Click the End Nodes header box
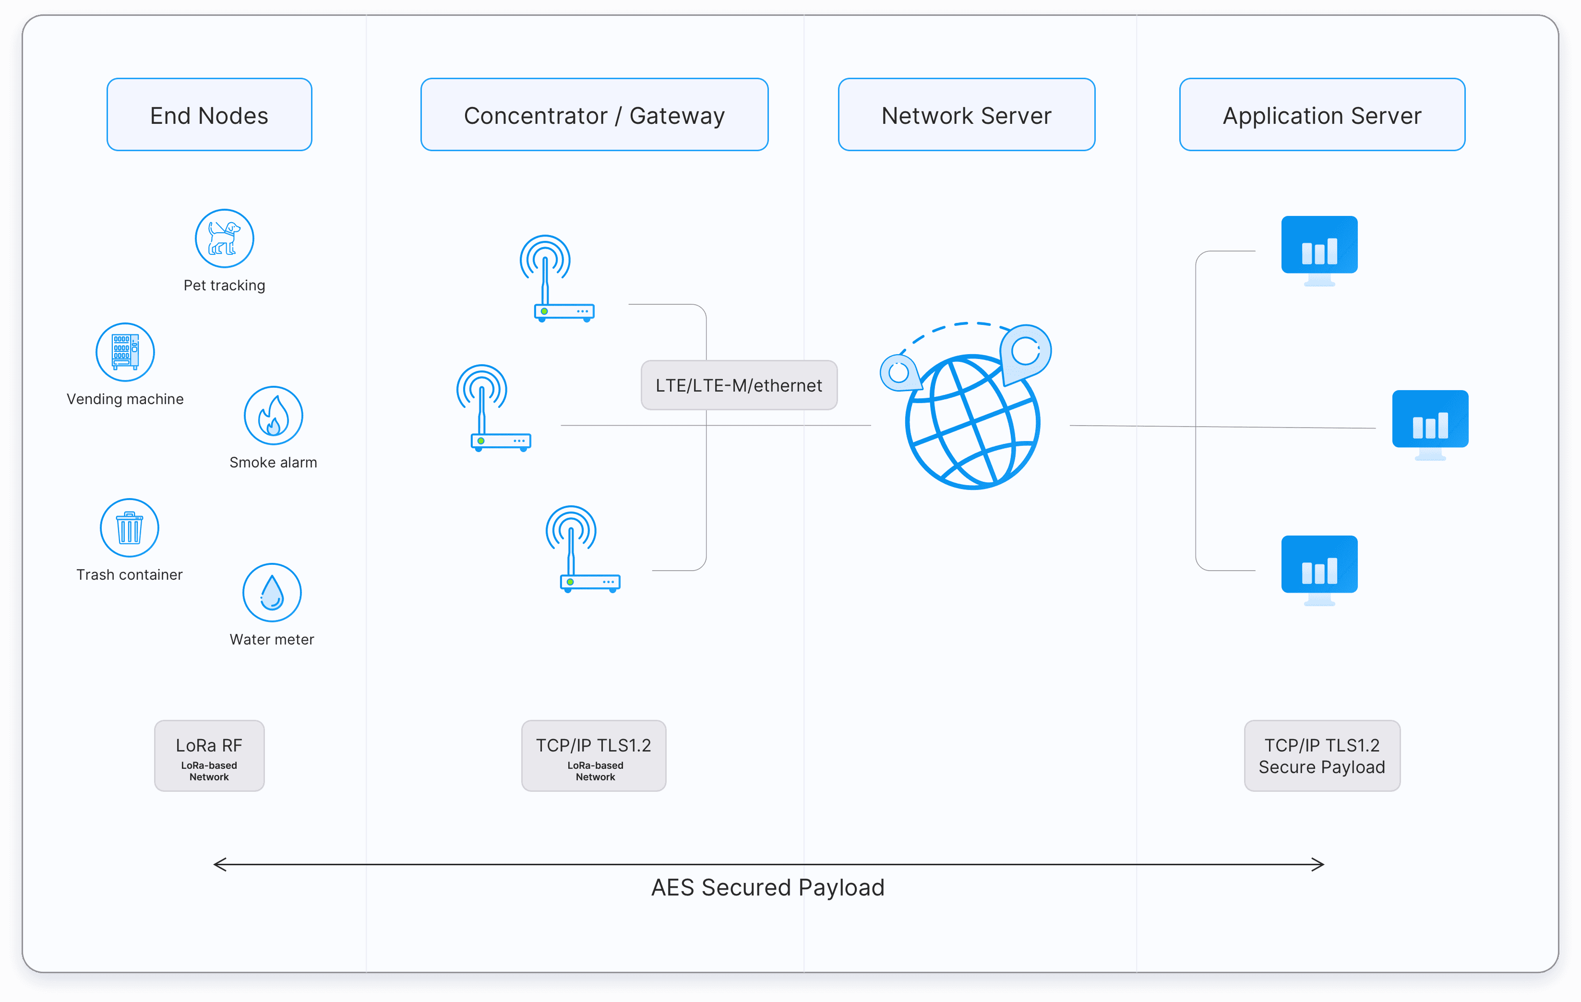(209, 115)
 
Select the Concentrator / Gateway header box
(594, 115)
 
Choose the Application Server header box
(1322, 115)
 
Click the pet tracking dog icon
(225, 239)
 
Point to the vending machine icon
(125, 352)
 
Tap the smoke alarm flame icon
(273, 416)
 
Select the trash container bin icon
(129, 528)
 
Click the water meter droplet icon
(272, 592)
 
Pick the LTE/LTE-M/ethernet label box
(739, 385)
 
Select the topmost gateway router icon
(557, 279)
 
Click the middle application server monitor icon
(1430, 424)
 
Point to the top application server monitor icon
(1319, 250)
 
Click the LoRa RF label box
(209, 755)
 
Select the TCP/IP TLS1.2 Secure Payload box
(1322, 755)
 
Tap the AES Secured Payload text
(767, 887)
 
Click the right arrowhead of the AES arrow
(1318, 864)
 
